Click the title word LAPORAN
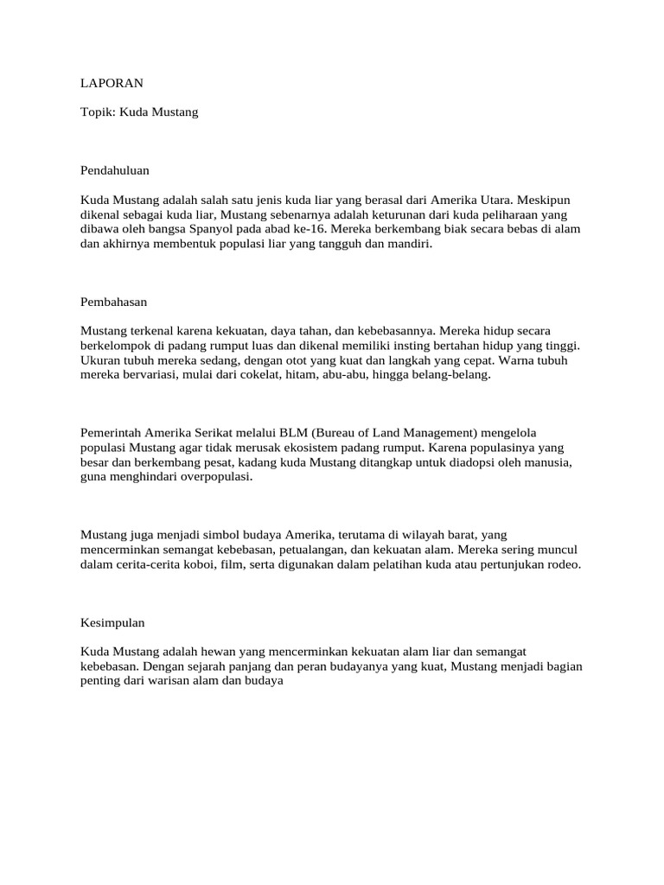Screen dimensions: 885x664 (x=112, y=84)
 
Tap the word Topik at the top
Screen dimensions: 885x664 (x=97, y=112)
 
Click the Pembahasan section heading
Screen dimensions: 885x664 (x=114, y=302)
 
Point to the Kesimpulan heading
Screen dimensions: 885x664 (x=112, y=621)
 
